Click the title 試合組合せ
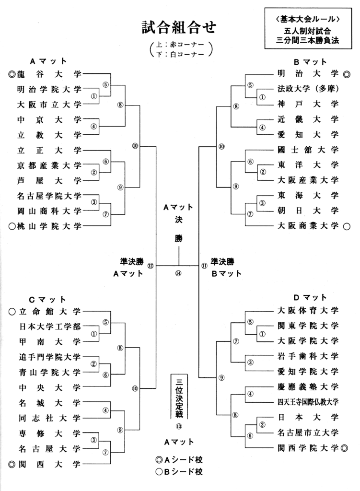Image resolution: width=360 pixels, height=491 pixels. click(178, 27)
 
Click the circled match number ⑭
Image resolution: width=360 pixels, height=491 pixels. click(178, 274)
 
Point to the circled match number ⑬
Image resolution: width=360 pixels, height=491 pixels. click(178, 426)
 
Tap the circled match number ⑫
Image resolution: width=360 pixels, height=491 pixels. click(151, 265)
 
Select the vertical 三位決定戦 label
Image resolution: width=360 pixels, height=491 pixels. click(178, 396)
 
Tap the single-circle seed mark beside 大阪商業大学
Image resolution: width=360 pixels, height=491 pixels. click(347, 225)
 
